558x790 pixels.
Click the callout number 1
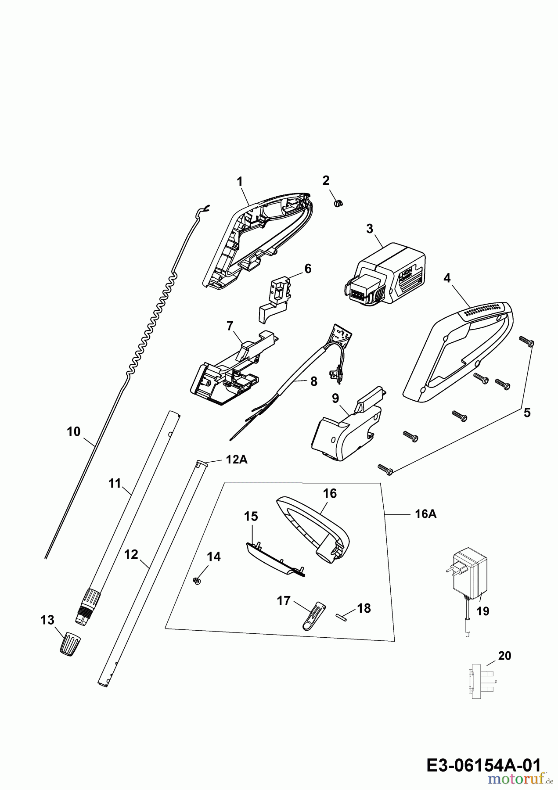(x=240, y=181)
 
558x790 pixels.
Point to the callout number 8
(x=313, y=381)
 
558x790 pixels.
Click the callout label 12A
(x=236, y=459)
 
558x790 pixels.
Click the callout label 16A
(x=425, y=513)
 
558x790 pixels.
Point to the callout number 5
(x=527, y=413)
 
